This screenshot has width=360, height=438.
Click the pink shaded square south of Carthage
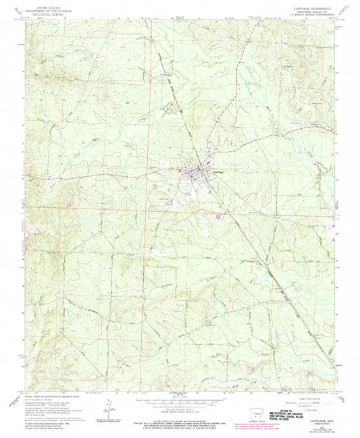pyautogui.click(x=218, y=217)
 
